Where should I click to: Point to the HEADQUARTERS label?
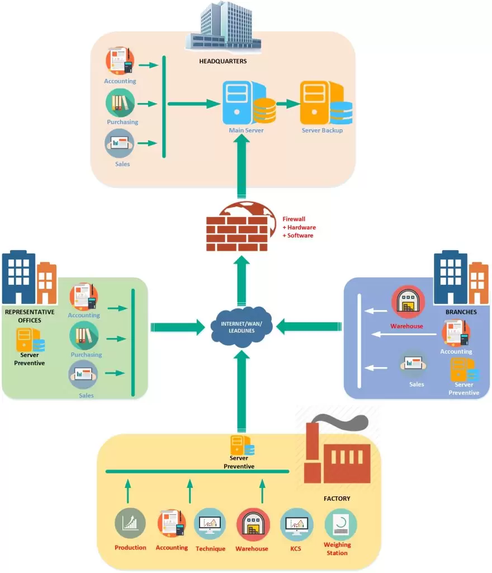click(223, 62)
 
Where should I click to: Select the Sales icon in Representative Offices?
click(83, 375)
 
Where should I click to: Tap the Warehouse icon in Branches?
click(408, 303)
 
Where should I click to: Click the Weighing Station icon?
click(340, 524)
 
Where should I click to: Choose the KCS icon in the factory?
click(296, 524)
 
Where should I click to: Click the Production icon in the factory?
click(130, 524)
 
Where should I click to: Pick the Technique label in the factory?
click(210, 549)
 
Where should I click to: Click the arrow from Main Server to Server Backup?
click(288, 104)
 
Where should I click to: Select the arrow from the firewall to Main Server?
click(242, 168)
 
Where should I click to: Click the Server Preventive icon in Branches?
click(463, 370)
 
